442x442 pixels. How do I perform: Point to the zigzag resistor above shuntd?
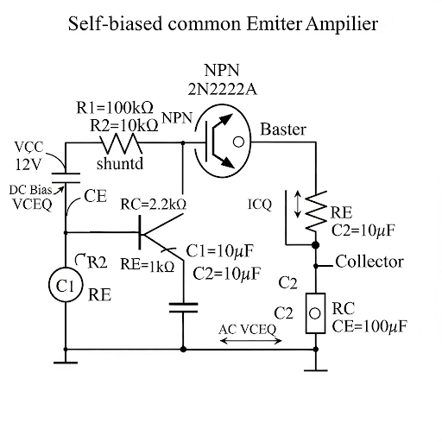coord(121,143)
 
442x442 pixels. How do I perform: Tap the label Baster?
coord(283,129)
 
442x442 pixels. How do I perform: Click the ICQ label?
coord(260,205)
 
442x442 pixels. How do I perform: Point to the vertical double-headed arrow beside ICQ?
coord(300,205)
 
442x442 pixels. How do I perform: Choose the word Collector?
coord(369,262)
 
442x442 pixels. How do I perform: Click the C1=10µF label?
coord(220,251)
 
